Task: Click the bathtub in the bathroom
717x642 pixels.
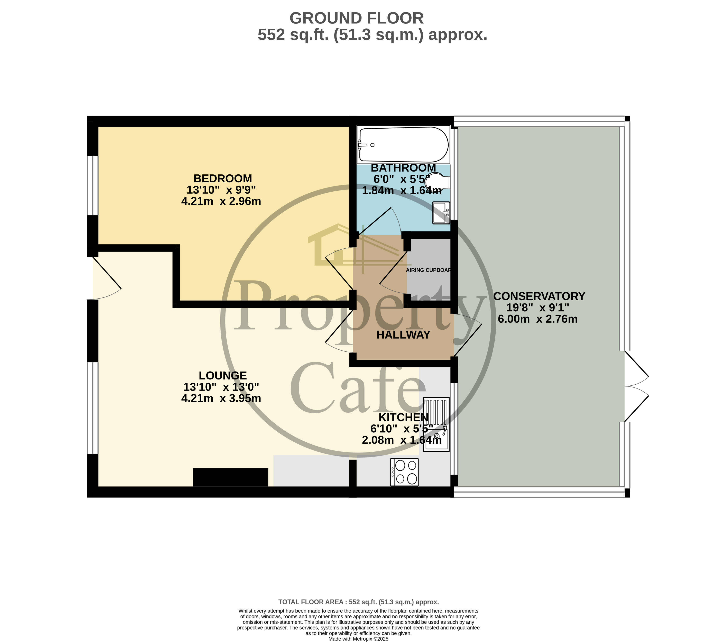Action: coord(403,145)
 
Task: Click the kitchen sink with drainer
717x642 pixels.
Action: coord(436,424)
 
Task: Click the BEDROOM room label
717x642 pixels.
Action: coord(222,178)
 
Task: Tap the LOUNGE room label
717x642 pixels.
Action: coord(222,375)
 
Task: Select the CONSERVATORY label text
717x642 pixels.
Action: coord(539,296)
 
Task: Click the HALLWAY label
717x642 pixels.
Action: coord(403,335)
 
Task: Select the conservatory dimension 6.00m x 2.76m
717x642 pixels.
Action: coord(537,319)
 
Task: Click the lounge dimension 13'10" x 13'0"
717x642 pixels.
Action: coord(221,387)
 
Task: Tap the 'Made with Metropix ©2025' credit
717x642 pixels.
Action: coord(358,639)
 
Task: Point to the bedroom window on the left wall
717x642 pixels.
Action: coord(93,185)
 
